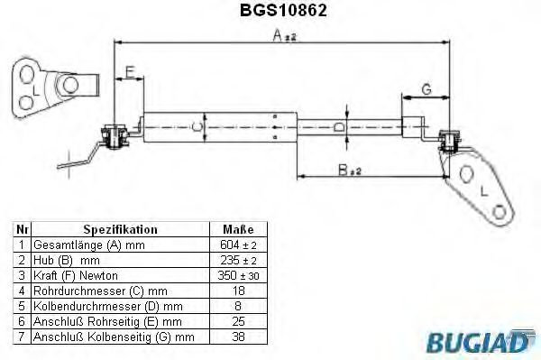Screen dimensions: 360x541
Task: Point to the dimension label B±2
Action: click(x=350, y=168)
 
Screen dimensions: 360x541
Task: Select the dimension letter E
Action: click(x=131, y=71)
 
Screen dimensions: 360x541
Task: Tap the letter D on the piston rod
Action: click(x=338, y=128)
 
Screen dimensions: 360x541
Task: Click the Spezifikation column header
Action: click(x=120, y=230)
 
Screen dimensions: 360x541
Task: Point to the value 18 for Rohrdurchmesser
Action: click(x=237, y=290)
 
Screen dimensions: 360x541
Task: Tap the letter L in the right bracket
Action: click(x=484, y=191)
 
